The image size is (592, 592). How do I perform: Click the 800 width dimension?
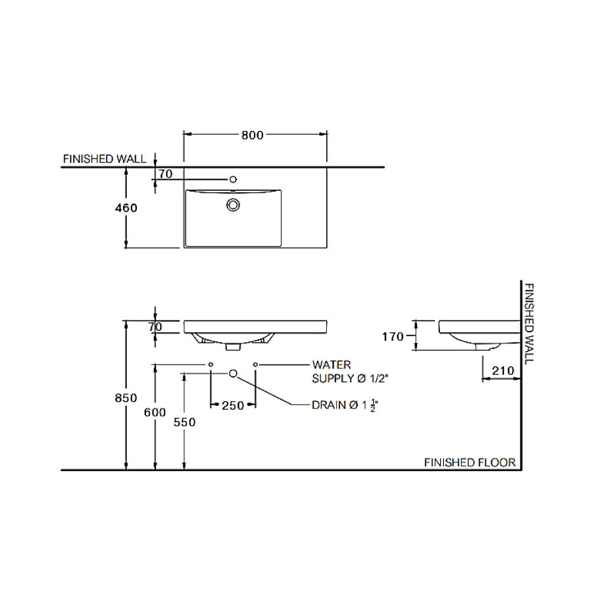252,135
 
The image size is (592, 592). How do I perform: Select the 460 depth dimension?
126,208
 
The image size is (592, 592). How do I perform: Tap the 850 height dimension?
126,397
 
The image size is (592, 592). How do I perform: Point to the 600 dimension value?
155,412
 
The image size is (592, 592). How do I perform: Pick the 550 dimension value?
184,422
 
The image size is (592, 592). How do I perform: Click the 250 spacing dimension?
233,405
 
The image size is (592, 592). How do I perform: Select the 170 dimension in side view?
393,336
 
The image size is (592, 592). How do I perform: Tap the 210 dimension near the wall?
503,371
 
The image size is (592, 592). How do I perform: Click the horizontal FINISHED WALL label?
105,159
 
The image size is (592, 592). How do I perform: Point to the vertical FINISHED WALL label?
530,324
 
